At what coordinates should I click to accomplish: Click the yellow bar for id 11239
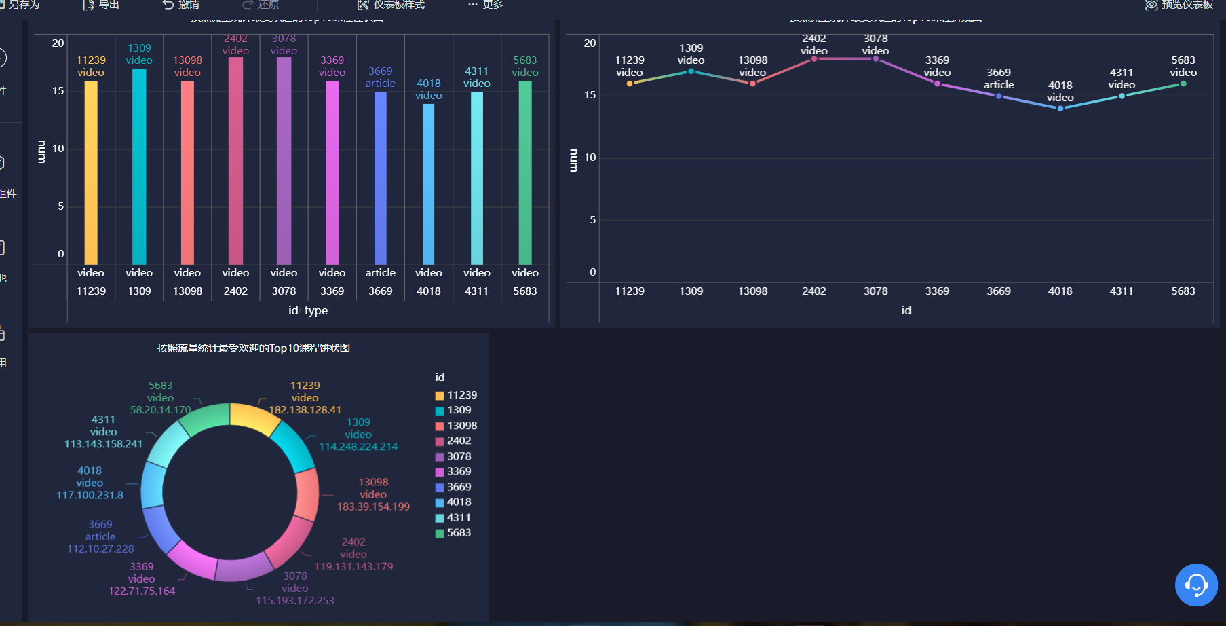tap(91, 172)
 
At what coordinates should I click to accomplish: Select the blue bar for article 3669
tap(381, 178)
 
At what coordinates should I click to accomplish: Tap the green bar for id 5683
tap(525, 172)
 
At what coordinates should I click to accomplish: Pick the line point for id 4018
tap(1060, 108)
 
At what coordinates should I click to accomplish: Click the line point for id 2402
tap(814, 59)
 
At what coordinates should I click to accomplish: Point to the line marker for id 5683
tap(1183, 84)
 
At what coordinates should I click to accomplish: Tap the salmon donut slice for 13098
tap(307, 494)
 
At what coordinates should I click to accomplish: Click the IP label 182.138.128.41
tap(305, 410)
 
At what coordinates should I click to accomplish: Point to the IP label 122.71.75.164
tap(142, 591)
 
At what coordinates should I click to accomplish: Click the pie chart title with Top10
tap(254, 348)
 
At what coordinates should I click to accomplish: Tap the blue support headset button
tap(1196, 585)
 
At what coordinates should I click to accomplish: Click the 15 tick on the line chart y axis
tap(590, 95)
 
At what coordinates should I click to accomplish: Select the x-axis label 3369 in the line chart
tap(937, 291)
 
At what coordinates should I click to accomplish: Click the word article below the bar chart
tap(381, 273)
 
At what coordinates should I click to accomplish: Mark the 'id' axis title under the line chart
tap(906, 310)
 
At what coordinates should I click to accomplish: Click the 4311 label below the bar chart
tap(477, 291)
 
